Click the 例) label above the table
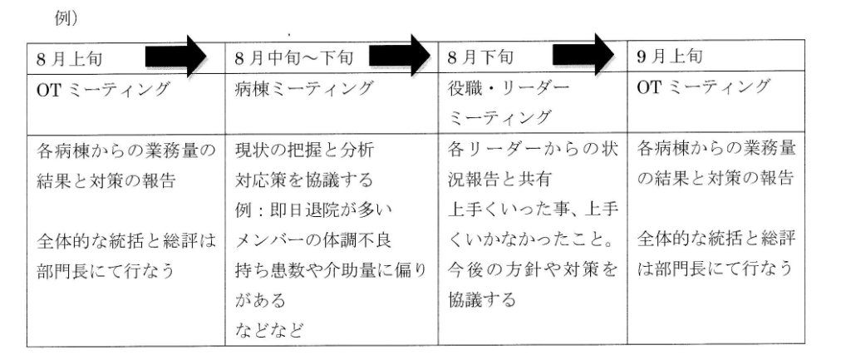pos(66,18)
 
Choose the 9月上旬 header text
pos(670,57)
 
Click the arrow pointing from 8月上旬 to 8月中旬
pos(176,56)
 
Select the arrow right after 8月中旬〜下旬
pos(400,54)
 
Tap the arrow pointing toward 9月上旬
pos(583,54)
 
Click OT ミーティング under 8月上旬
pos(103,89)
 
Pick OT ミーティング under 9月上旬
pos(703,86)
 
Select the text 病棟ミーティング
pos(304,88)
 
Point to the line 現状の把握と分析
pos(304,150)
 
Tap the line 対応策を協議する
pos(304,180)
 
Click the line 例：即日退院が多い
pos(313,210)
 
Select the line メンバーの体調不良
pos(313,239)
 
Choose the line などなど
pos(268,329)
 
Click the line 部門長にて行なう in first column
pos(106,270)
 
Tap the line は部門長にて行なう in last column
pos(715,269)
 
